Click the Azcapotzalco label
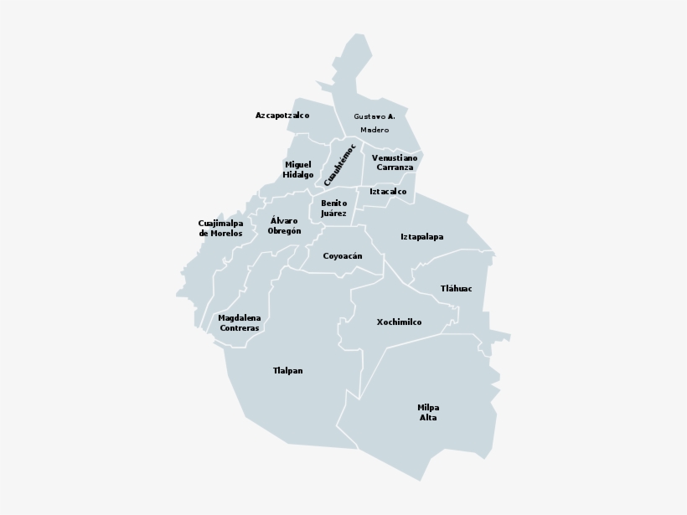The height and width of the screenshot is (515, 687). (282, 116)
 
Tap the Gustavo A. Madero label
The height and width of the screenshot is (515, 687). (374, 123)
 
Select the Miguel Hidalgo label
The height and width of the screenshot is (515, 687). (298, 170)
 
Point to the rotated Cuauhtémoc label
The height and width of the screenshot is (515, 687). (340, 164)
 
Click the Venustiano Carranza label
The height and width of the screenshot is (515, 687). (395, 162)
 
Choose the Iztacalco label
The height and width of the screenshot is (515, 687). (388, 192)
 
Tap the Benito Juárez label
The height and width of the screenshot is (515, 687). (333, 209)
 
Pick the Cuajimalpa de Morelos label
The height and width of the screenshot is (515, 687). (220, 229)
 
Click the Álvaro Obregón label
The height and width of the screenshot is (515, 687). (284, 226)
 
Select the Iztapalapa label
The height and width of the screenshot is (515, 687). (422, 237)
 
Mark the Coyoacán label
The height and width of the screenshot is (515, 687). (343, 256)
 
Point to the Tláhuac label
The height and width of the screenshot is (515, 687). (457, 289)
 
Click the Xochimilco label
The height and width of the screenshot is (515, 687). (399, 322)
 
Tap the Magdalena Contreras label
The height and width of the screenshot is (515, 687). (240, 323)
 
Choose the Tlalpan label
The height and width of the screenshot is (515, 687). (287, 370)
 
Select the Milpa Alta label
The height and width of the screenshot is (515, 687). (428, 412)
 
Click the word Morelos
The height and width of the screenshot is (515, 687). (226, 234)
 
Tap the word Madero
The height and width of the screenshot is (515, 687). (374, 131)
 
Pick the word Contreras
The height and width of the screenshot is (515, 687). (240, 329)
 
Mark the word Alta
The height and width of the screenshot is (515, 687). (428, 418)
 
